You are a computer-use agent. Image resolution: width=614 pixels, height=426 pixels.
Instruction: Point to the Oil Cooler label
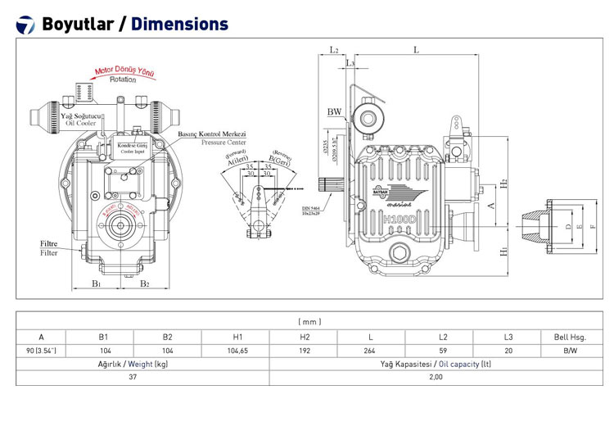coord(81,120)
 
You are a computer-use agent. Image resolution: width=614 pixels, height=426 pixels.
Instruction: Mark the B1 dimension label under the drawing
coord(96,283)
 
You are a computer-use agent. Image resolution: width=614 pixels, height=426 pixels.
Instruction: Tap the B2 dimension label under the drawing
coord(144,283)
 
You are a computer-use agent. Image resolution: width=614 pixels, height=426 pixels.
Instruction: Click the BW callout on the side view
coord(334,111)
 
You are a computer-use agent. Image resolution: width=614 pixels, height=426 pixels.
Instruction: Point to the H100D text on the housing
coord(400,220)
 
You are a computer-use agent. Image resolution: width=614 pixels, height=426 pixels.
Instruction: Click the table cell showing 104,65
coord(236,351)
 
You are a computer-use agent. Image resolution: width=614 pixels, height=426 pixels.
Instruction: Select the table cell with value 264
coord(371,351)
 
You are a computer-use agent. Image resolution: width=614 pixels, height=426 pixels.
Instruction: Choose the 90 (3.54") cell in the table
coord(41,351)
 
